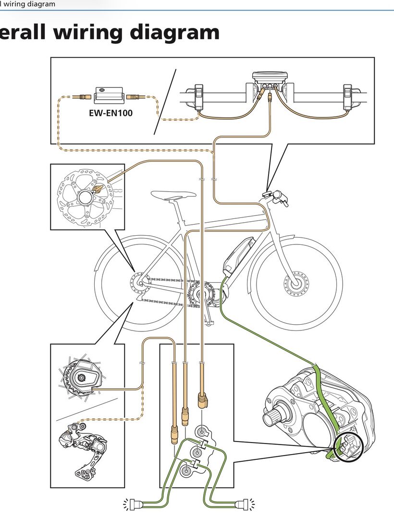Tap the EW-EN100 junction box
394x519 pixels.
coord(109,95)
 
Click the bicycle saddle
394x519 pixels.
coord(173,195)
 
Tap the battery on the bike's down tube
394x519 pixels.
coord(238,255)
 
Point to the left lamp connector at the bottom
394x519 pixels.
coord(136,504)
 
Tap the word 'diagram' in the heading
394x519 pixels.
coord(175,32)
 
